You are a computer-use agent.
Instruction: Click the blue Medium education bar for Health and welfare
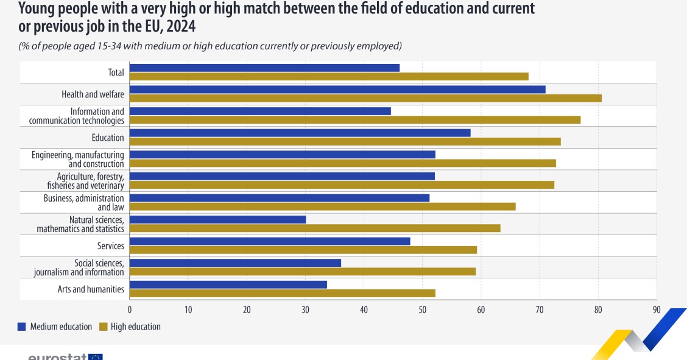(337, 90)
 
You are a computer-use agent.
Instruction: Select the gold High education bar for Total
(329, 76)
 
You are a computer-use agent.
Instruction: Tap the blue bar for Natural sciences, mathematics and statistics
(218, 219)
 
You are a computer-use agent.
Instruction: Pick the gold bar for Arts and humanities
(283, 293)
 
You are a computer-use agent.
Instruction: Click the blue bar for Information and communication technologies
(260, 111)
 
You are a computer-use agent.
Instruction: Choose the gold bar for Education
(345, 141)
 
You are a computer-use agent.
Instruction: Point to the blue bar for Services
(270, 241)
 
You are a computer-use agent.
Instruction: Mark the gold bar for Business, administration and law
(323, 206)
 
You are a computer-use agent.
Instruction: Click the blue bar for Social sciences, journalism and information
(235, 263)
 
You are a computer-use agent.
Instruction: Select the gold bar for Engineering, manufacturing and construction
(342, 163)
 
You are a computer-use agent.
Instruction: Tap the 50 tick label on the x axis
(422, 310)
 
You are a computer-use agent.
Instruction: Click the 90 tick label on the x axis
(656, 310)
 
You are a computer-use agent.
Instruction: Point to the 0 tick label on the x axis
(130, 310)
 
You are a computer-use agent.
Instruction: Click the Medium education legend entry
(55, 327)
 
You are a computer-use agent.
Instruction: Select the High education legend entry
(129, 327)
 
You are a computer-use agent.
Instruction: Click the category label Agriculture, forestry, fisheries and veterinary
(86, 181)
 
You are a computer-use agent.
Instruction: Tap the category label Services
(110, 246)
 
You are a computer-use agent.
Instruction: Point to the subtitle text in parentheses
(210, 46)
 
